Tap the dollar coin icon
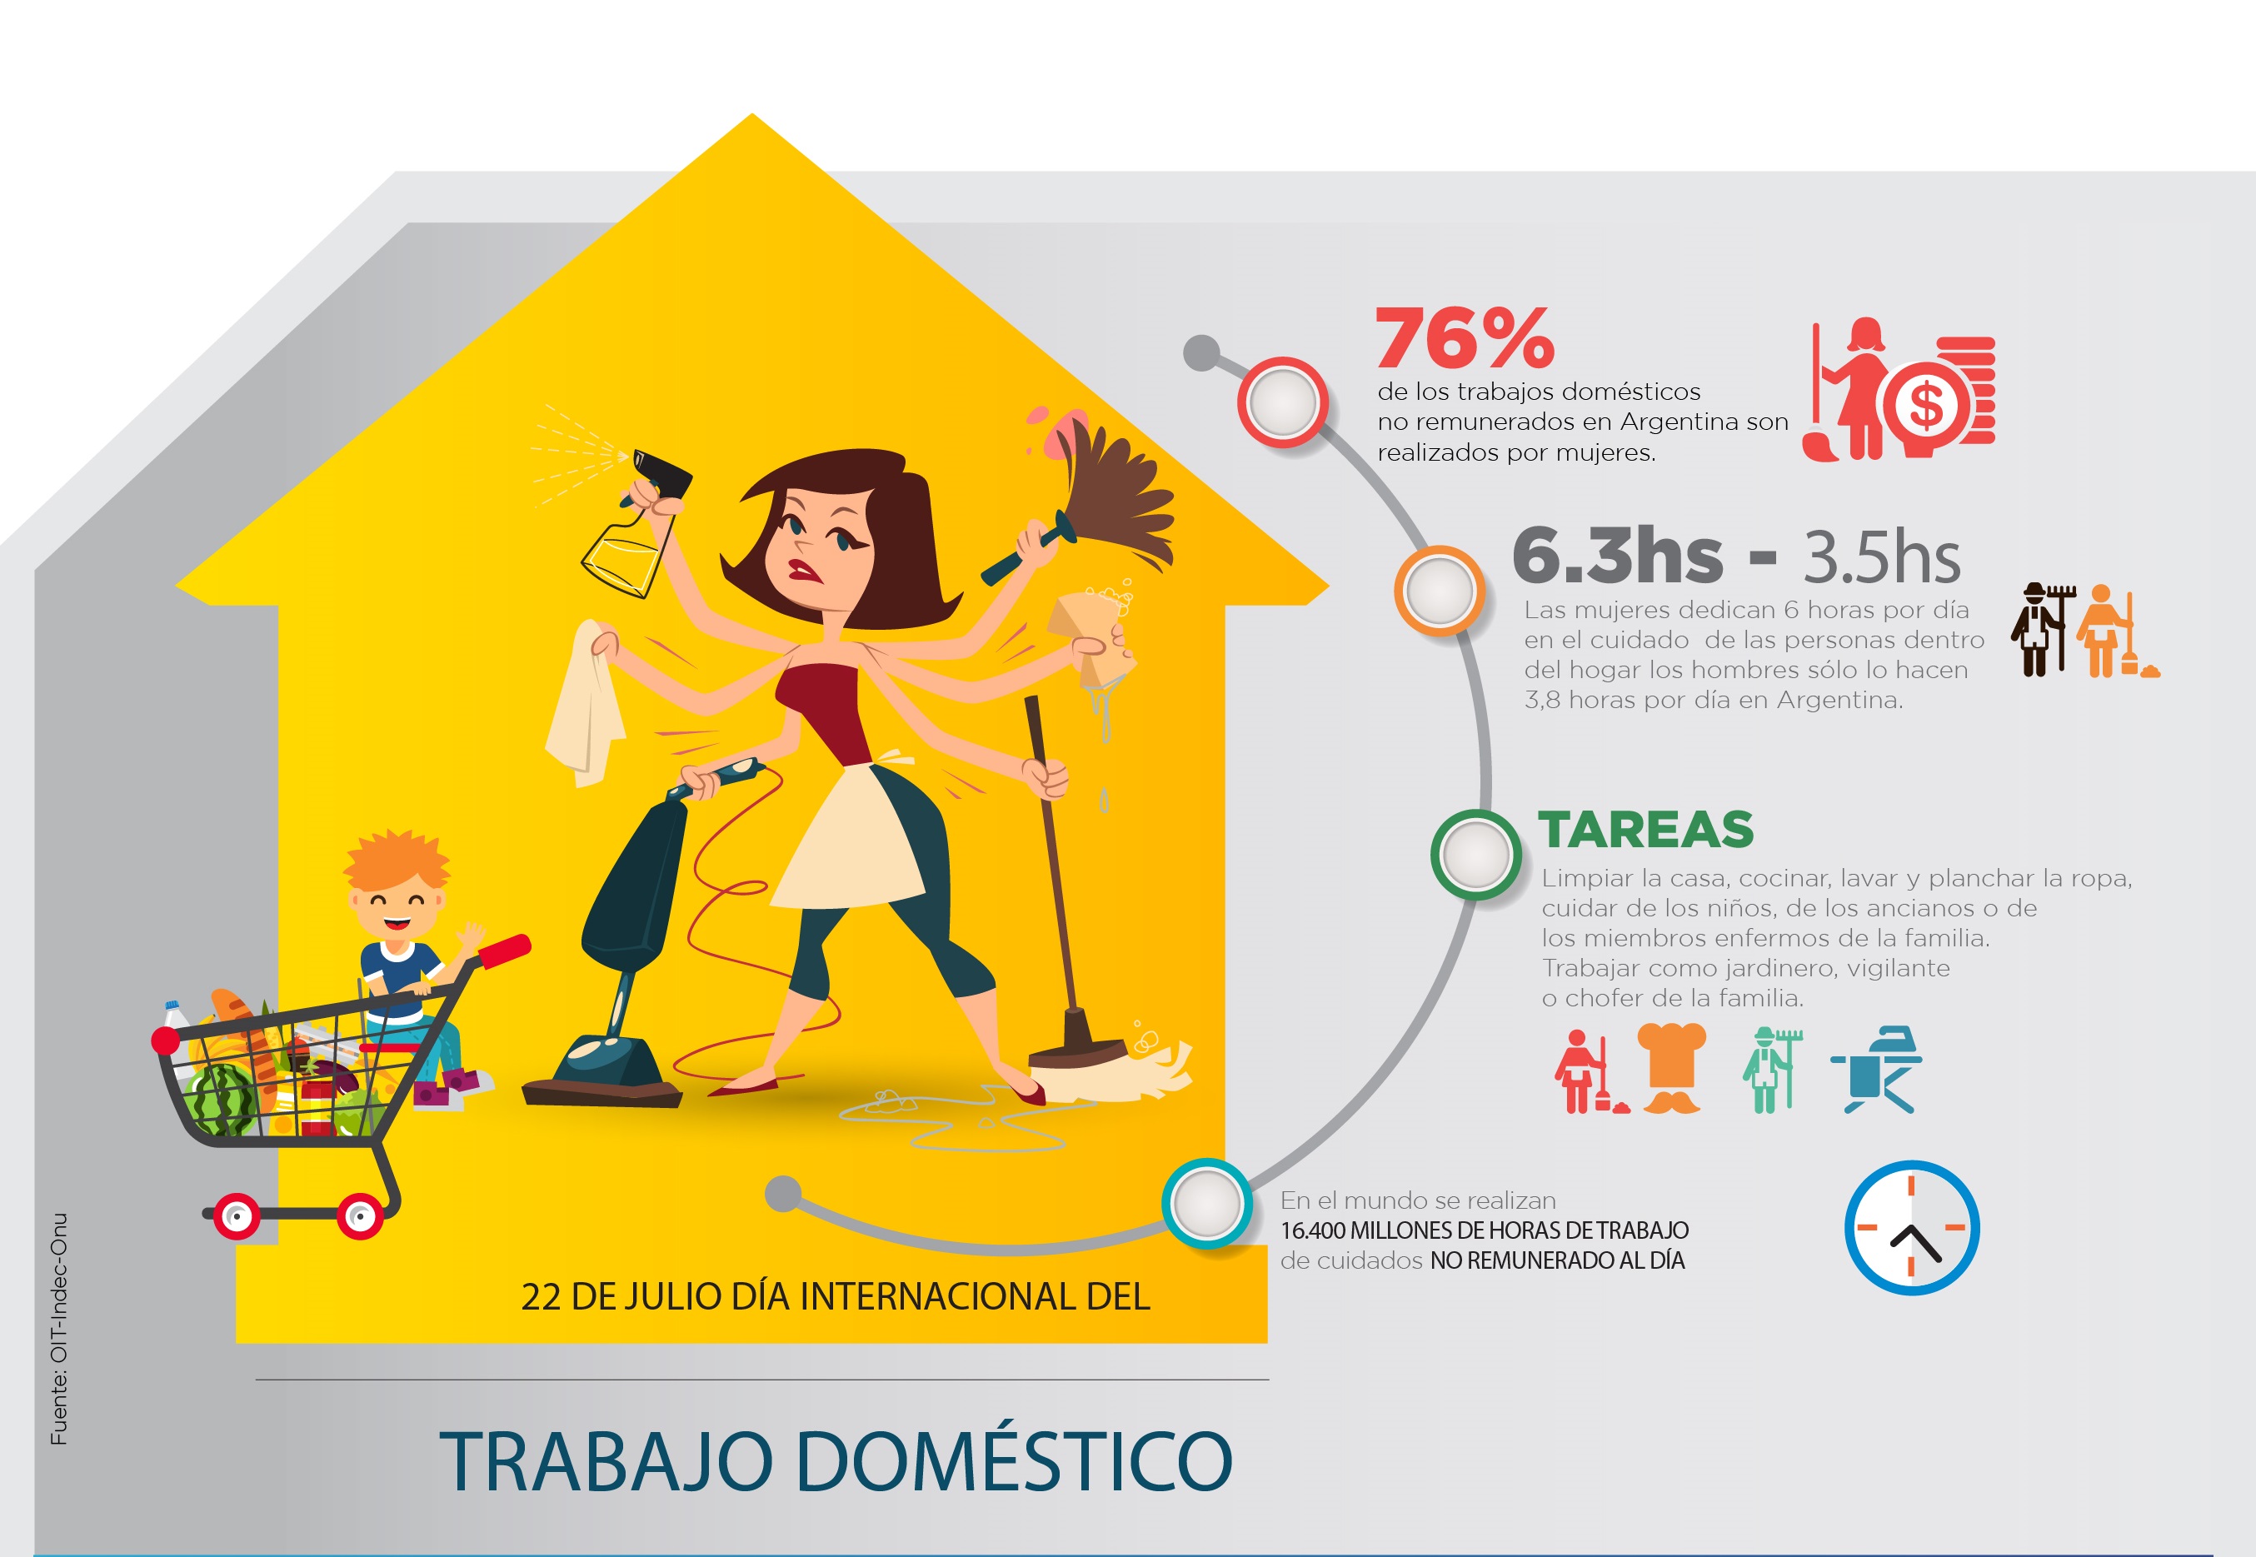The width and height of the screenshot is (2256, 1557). click(x=1925, y=404)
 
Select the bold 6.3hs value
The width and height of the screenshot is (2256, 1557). click(x=1617, y=554)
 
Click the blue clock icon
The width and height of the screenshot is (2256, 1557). click(x=1911, y=1227)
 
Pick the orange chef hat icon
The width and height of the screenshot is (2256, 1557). click(x=1672, y=1067)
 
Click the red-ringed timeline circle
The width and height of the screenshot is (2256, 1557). click(x=1283, y=402)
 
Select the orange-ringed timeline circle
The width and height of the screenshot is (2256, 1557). click(x=1439, y=590)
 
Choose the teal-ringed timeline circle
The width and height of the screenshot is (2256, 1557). click(x=1206, y=1203)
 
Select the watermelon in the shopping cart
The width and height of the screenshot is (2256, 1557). click(x=223, y=1100)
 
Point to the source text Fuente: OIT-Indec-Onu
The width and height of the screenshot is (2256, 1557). click(x=58, y=1329)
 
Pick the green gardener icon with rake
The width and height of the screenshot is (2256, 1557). click(x=1771, y=1069)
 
